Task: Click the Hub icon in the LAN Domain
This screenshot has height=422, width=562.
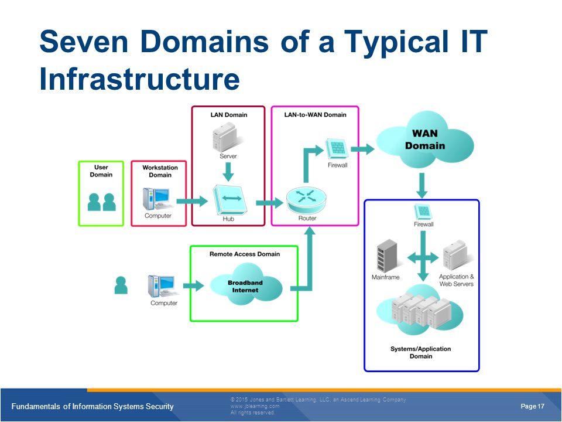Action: [230, 199]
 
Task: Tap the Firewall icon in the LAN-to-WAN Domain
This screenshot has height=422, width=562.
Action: [337, 148]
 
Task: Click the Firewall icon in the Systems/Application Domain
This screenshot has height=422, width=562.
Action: [423, 212]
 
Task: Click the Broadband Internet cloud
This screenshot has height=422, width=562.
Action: [245, 285]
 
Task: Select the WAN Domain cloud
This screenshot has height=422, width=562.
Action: [425, 140]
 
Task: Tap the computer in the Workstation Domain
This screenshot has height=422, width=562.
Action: [157, 199]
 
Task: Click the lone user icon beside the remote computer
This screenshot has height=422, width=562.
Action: [121, 285]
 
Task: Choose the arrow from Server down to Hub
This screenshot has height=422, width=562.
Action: [228, 172]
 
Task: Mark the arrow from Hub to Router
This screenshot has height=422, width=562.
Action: [269, 203]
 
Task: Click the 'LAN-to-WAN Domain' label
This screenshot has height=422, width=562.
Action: [315, 115]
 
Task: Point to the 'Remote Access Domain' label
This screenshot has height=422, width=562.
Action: [245, 254]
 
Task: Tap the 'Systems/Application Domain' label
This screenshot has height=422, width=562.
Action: [421, 352]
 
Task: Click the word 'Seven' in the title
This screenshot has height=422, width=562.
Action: [84, 42]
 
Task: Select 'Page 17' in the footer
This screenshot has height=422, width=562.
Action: [532, 406]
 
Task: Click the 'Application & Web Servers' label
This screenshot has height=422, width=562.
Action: [456, 280]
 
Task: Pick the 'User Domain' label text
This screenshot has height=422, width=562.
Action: [101, 171]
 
